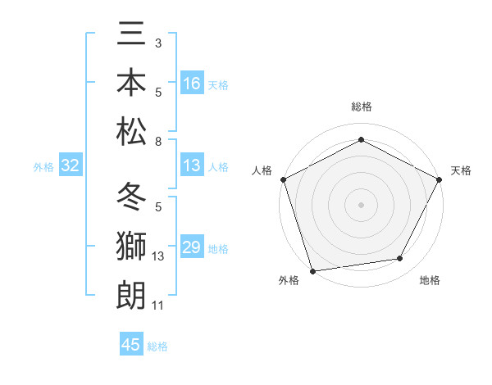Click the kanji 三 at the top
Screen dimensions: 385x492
pyautogui.click(x=130, y=36)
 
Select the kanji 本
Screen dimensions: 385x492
pyautogui.click(x=130, y=83)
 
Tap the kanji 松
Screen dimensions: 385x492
pyautogui.click(x=130, y=130)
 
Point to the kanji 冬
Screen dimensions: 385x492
pyautogui.click(x=130, y=199)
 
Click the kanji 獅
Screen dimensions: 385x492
pyautogui.click(x=130, y=247)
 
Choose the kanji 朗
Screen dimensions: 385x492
pyautogui.click(x=130, y=294)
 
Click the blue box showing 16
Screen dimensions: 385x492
pyautogui.click(x=192, y=84)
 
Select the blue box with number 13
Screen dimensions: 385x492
pyautogui.click(x=192, y=166)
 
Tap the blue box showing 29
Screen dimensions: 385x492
pyautogui.click(x=192, y=248)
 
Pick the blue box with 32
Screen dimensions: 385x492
pyautogui.click(x=71, y=166)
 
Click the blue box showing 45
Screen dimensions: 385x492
pyautogui.click(x=131, y=345)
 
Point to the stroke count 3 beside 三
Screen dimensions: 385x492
pyautogui.click(x=157, y=43)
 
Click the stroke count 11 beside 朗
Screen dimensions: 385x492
pyautogui.click(x=158, y=306)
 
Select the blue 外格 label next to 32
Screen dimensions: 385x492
pyautogui.click(x=43, y=167)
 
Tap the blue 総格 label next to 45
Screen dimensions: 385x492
pyautogui.click(x=157, y=346)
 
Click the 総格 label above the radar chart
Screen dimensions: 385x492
pyautogui.click(x=361, y=106)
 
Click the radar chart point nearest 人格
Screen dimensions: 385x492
pyautogui.click(x=283, y=179)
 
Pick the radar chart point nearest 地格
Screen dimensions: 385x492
pyautogui.click(x=400, y=259)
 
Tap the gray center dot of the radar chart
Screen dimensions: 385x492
pyautogui.click(x=361, y=204)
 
